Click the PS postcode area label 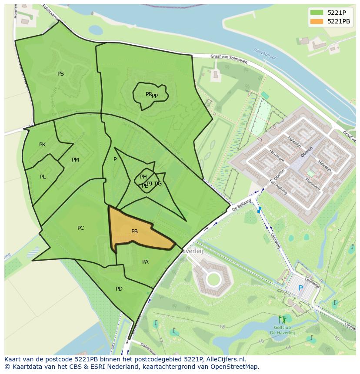pos(60,74)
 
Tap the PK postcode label pos(42,145)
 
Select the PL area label pos(43,177)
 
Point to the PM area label pos(75,160)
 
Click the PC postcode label pos(80,228)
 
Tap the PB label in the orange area pos(134,232)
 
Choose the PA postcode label pos(145,261)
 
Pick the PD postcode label pos(119,289)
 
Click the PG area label pos(158,184)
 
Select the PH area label pos(143,176)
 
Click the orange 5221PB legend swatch pos(316,21)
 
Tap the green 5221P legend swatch pos(316,12)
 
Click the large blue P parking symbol pos(300,288)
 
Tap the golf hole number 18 pos(222,327)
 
